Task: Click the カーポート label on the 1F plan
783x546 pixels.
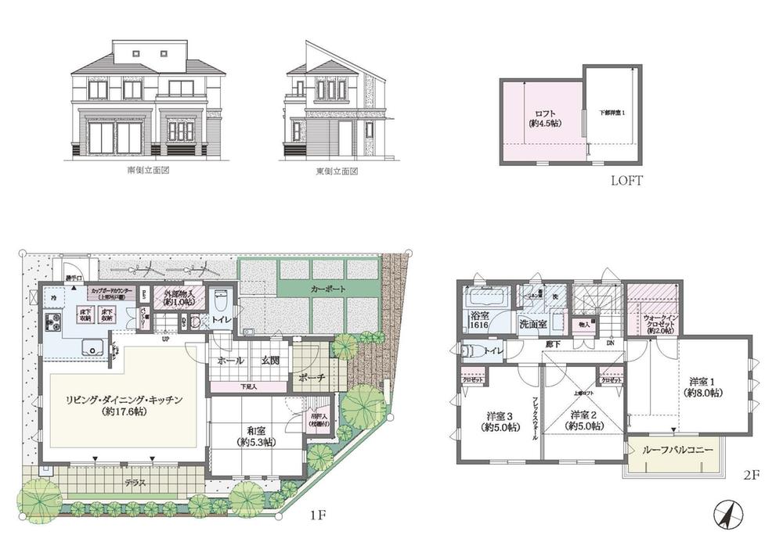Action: tap(326, 289)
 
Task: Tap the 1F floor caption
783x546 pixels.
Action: tap(316, 515)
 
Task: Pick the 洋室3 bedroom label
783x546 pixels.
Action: tap(498, 420)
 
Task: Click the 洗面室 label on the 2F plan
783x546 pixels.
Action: tap(532, 323)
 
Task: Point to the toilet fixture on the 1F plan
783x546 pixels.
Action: tap(220, 299)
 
